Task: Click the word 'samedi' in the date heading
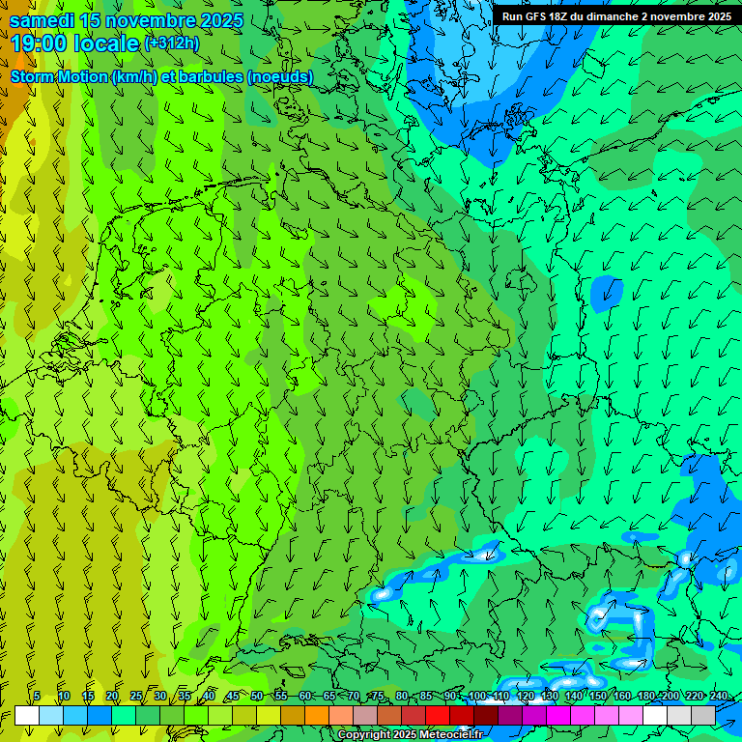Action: tap(43, 19)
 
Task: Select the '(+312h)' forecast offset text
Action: tap(172, 43)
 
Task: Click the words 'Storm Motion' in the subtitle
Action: tap(59, 76)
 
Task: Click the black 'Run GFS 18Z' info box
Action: tap(616, 16)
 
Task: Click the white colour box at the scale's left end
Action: tap(27, 715)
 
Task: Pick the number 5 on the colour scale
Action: tap(37, 697)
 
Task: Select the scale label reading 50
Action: tap(256, 697)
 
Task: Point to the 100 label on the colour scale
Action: tap(477, 697)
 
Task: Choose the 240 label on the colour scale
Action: tap(719, 697)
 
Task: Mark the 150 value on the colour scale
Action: tap(598, 697)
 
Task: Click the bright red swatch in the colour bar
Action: tap(438, 715)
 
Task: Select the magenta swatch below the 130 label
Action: tap(558, 715)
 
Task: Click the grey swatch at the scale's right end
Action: tap(703, 715)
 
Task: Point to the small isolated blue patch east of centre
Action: tap(608, 292)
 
